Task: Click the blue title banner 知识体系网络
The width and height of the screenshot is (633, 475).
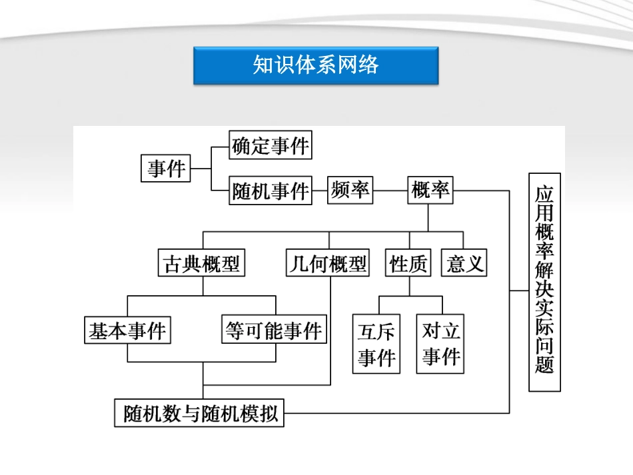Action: point(316,65)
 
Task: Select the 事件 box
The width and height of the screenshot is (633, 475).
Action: point(167,169)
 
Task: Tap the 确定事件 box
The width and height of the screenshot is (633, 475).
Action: point(271,146)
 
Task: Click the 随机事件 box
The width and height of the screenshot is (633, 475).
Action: point(271,191)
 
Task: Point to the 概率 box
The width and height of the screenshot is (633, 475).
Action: point(430,191)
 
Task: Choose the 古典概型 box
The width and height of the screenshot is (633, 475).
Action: point(202,264)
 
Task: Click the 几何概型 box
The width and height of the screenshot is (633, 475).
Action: point(328,264)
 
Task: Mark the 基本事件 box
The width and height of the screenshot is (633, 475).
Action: point(127,330)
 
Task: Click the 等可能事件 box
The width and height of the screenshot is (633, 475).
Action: point(274,330)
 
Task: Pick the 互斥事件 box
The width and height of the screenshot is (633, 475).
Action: point(376,344)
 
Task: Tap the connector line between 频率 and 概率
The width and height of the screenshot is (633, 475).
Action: point(390,191)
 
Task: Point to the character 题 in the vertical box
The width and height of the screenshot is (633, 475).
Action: point(544,365)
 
